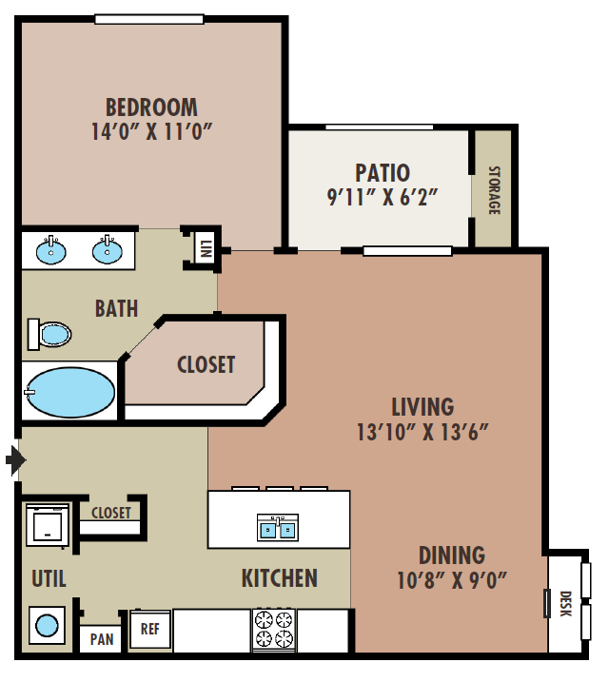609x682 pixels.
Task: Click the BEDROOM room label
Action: (x=151, y=107)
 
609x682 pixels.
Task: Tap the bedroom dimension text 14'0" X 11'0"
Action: (x=151, y=131)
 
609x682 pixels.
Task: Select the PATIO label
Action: (x=382, y=173)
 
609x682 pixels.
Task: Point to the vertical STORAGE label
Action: (x=494, y=190)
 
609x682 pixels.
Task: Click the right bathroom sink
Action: (x=107, y=251)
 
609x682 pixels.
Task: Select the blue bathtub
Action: (x=69, y=392)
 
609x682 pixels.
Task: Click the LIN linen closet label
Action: (x=205, y=249)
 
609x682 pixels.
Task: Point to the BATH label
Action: (x=116, y=308)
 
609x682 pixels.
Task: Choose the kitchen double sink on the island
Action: (x=279, y=526)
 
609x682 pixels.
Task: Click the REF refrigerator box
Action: (x=149, y=629)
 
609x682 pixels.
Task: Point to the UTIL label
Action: (x=48, y=578)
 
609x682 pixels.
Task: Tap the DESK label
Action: (x=565, y=603)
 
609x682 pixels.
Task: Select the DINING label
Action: (x=451, y=555)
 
